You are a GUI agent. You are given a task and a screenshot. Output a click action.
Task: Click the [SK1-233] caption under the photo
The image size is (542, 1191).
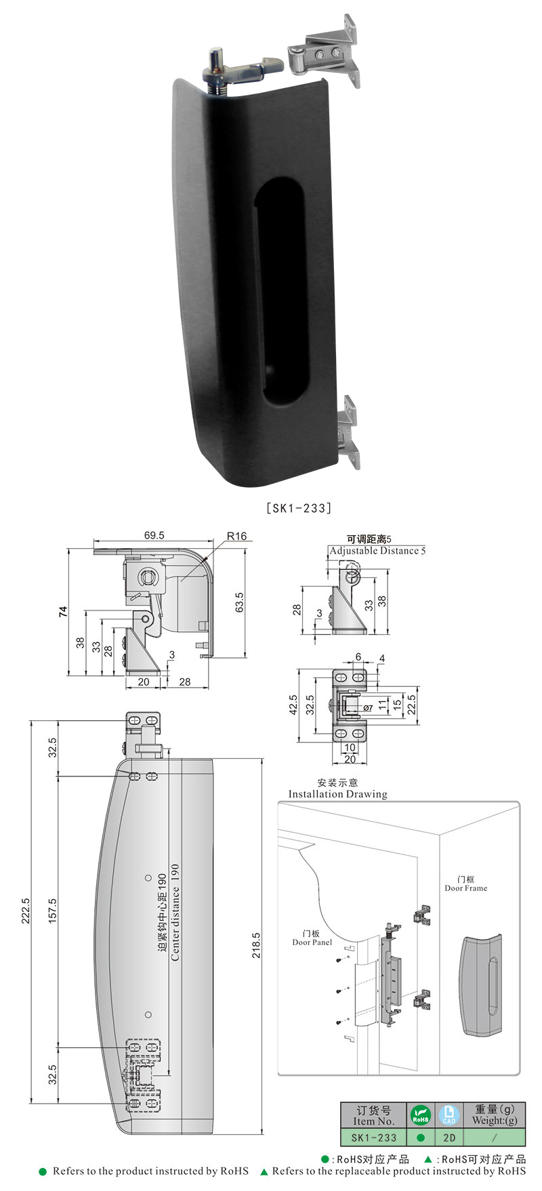coord(299,507)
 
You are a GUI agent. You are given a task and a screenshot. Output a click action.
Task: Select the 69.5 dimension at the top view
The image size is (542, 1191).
coord(154,535)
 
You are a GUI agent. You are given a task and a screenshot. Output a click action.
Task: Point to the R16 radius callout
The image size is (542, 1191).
coord(236,536)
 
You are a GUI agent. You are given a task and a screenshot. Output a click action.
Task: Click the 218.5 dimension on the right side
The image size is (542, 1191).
coord(257,945)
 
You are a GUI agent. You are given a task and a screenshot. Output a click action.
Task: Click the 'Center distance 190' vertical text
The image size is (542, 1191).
coord(175,912)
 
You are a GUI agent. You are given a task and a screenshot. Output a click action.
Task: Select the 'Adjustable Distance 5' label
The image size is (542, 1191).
coord(377,551)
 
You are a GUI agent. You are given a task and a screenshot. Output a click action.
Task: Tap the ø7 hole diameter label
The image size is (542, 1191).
coord(368,708)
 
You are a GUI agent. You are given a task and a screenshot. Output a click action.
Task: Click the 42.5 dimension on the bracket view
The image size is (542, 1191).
coord(293,707)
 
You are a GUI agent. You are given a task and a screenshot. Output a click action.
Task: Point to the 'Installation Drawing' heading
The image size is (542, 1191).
coord(337,794)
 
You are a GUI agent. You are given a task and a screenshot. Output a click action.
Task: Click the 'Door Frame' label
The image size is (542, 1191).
coord(465,887)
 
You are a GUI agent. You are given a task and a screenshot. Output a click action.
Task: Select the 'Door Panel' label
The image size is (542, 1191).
coord(312,942)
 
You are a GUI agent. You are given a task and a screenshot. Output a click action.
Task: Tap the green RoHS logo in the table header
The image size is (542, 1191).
coord(421,1115)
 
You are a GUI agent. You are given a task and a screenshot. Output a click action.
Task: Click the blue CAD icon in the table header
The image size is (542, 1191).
coord(449,1115)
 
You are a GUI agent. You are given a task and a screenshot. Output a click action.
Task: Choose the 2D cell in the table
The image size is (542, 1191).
coord(449,1138)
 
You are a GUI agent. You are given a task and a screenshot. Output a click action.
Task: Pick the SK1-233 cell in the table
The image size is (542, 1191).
coord(373,1138)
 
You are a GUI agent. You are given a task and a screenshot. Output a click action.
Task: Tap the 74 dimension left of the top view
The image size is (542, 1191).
coord(64,612)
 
